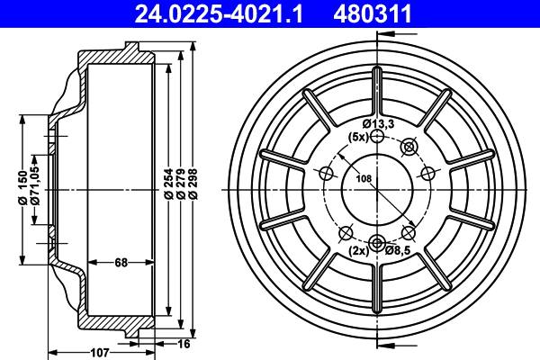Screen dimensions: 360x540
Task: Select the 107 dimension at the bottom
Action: [100, 352]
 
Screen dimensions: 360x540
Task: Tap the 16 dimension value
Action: [184, 343]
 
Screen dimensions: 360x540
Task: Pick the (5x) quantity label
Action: [358, 137]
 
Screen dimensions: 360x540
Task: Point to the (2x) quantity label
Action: [358, 252]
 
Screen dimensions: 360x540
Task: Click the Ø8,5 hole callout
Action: [397, 252]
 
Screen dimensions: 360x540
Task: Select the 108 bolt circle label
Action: [364, 179]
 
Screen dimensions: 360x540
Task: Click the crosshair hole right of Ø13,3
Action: [409, 146]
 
